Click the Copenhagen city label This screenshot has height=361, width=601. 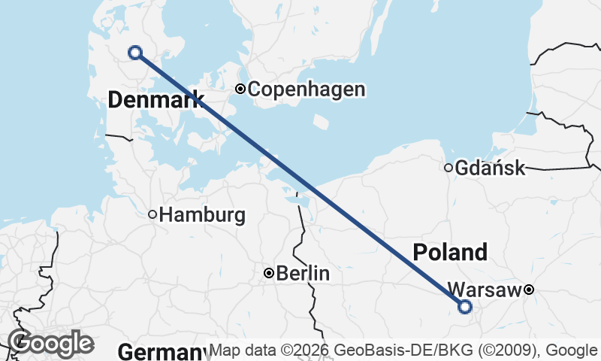pos(307,89)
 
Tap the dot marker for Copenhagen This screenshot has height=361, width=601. pos(240,89)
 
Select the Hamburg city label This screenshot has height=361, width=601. pos(202,215)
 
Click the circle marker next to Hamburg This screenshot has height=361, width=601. pos(153,214)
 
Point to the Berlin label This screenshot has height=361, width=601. pos(303,274)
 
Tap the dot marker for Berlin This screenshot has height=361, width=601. pos(268,273)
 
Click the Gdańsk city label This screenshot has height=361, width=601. pos(490,168)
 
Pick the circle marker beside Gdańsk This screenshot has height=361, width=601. pos(448,168)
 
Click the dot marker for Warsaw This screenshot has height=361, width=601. pos(529,290)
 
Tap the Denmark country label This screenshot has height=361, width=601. pos(156,99)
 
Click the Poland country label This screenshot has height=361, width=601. pos(450,252)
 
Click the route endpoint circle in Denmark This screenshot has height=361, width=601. pos(135,52)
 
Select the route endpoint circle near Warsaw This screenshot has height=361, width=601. pos(465,306)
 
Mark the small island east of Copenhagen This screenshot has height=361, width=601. pos(320,121)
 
